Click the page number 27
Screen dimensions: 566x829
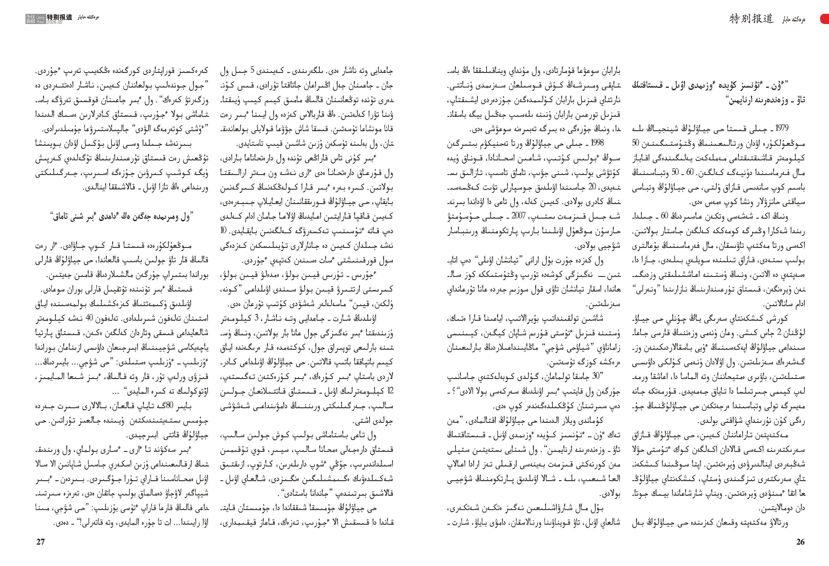[x=40, y=542]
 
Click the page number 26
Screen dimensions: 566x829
[x=800, y=542]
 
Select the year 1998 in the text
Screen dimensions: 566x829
[x=597, y=143]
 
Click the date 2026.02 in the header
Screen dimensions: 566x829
[x=54, y=22]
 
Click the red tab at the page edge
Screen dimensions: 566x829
[x=825, y=19]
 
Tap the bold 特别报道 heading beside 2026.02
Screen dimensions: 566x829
[x=59, y=17]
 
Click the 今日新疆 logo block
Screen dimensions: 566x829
[x=35, y=19]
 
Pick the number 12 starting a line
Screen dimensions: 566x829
[x=390, y=391]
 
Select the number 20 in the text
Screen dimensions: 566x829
[x=592, y=187]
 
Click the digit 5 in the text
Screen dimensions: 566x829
[x=252, y=70]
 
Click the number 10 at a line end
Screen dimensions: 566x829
[x=223, y=230]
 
